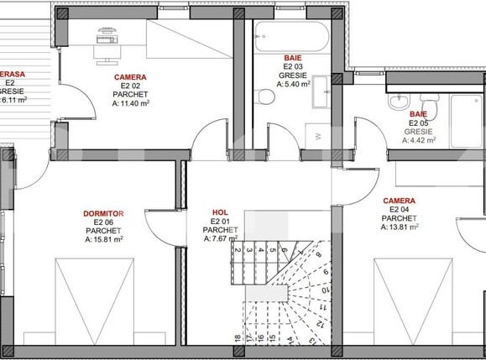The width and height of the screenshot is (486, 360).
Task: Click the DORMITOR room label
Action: click(x=104, y=214)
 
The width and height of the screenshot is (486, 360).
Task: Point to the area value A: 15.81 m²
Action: click(x=104, y=238)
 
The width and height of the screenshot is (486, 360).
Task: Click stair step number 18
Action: click(x=238, y=338)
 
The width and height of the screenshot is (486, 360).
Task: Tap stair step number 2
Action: click(x=238, y=249)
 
